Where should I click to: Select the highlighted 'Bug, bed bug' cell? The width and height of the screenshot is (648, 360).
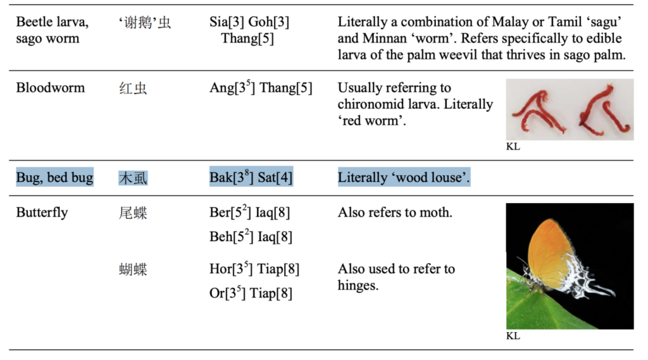tap(54, 178)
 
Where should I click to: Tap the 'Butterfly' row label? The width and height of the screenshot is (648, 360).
tap(42, 213)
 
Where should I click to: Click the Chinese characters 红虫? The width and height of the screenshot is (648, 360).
tap(133, 89)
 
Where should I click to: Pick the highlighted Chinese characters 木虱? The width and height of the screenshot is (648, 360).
tap(133, 178)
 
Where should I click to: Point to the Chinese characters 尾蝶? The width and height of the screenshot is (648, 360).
tap(133, 213)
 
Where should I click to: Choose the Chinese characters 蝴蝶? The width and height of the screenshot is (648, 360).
tap(133, 270)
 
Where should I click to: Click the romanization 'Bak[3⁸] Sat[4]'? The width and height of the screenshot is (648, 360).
tap(251, 178)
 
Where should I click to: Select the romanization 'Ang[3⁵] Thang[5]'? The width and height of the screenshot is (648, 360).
tap(261, 88)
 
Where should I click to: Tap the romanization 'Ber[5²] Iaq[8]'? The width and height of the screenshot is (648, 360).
tap(250, 213)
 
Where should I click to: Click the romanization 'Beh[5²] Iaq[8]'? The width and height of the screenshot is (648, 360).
tap(251, 237)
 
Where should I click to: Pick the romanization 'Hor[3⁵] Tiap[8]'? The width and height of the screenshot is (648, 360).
tap(254, 269)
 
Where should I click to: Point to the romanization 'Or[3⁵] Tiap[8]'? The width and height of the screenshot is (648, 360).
tap(251, 294)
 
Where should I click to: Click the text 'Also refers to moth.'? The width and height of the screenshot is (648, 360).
tap(395, 213)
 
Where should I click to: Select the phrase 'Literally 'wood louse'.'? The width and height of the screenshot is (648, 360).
tap(404, 178)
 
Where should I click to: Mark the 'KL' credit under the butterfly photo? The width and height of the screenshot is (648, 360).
tap(513, 336)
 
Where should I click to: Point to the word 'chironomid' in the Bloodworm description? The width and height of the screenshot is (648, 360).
tap(369, 104)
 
